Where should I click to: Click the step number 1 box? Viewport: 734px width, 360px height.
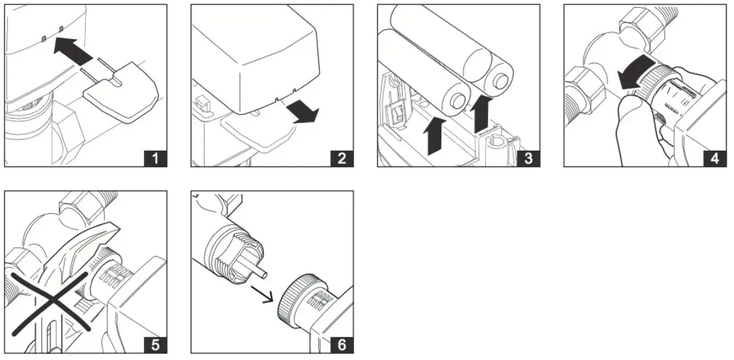pyautogui.click(x=154, y=157)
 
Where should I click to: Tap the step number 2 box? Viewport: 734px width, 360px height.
pyautogui.click(x=341, y=157)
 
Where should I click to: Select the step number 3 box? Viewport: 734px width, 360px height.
pyautogui.click(x=527, y=157)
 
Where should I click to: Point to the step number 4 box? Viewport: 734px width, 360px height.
pyautogui.click(x=714, y=157)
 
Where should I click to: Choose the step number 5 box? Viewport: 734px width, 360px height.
pyautogui.click(x=154, y=343)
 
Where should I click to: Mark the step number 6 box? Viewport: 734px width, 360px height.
pyautogui.click(x=341, y=343)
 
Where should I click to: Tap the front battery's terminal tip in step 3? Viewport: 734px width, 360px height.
pyautogui.click(x=457, y=101)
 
